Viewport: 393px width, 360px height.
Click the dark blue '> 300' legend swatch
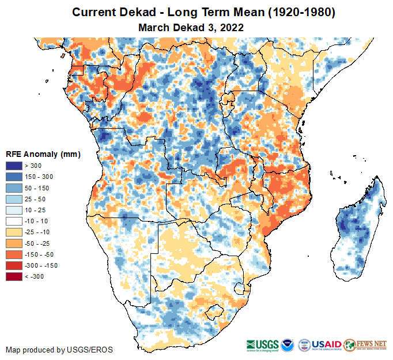click(14, 166)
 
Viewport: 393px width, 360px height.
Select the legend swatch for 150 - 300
click(14, 177)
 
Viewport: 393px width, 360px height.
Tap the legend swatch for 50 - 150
click(14, 187)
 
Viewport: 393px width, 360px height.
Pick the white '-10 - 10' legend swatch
click(14, 221)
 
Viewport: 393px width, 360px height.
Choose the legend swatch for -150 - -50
click(14, 254)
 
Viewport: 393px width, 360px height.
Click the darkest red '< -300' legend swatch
click(14, 276)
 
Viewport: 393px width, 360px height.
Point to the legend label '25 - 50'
click(35, 199)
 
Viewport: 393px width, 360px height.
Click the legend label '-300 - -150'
click(40, 265)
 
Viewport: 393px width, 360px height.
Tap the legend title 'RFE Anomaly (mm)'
click(43, 154)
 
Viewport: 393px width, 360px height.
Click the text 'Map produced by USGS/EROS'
click(59, 350)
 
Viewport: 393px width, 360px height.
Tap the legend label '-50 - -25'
click(37, 243)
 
